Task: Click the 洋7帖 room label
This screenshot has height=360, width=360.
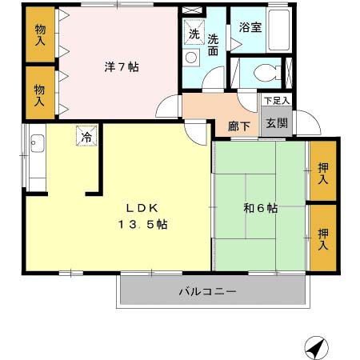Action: click(x=122, y=67)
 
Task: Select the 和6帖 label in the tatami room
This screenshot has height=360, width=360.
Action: click(x=260, y=209)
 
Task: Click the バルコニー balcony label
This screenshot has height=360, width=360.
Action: click(x=206, y=292)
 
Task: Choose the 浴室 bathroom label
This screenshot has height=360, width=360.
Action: click(x=250, y=27)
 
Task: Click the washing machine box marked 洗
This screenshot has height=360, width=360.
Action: click(x=194, y=34)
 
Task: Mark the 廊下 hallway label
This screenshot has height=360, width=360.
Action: click(x=238, y=126)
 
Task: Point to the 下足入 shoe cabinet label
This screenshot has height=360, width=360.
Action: click(x=276, y=101)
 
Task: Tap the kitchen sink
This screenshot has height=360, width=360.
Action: click(x=36, y=146)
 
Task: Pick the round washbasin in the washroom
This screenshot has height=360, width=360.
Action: click(x=192, y=58)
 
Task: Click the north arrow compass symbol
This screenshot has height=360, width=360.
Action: click(x=316, y=346)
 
